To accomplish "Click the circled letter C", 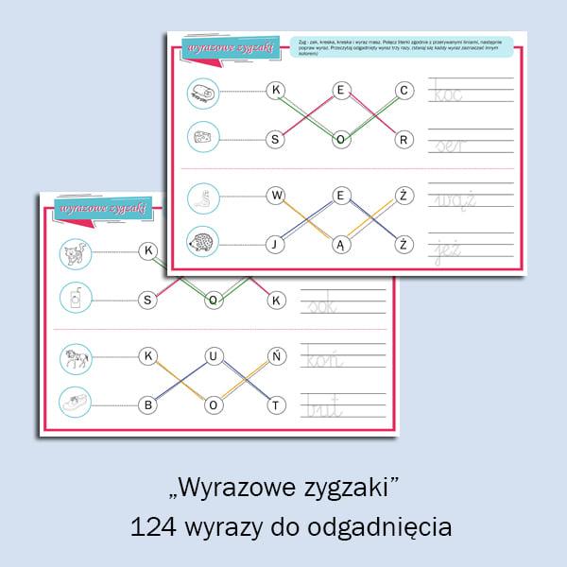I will (x=404, y=91).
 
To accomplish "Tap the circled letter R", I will (x=404, y=140).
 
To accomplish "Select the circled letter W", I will (x=276, y=196).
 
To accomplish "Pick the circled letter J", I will (x=276, y=245).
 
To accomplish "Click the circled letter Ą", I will (x=340, y=245).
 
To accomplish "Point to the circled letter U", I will (x=214, y=356).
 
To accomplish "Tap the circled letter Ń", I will (x=277, y=356).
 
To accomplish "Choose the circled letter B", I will (x=148, y=405).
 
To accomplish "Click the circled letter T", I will (x=277, y=405).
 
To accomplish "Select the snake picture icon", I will (x=202, y=197).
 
